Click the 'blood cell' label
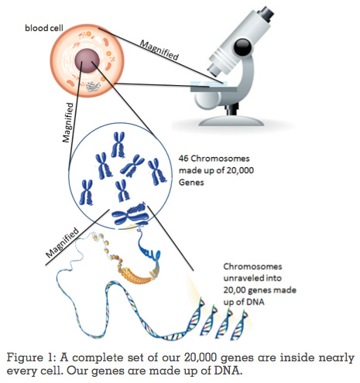44,28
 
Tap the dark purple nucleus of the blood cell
87,60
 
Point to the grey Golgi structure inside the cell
92,87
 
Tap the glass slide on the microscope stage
208,84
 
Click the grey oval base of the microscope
231,121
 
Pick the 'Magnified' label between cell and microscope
159,50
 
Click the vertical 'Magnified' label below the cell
68,122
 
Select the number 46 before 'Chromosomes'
183,158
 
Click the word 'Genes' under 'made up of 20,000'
191,183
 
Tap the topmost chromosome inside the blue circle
118,145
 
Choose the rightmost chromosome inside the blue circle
156,172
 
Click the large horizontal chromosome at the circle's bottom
131,214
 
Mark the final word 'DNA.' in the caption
228,371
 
